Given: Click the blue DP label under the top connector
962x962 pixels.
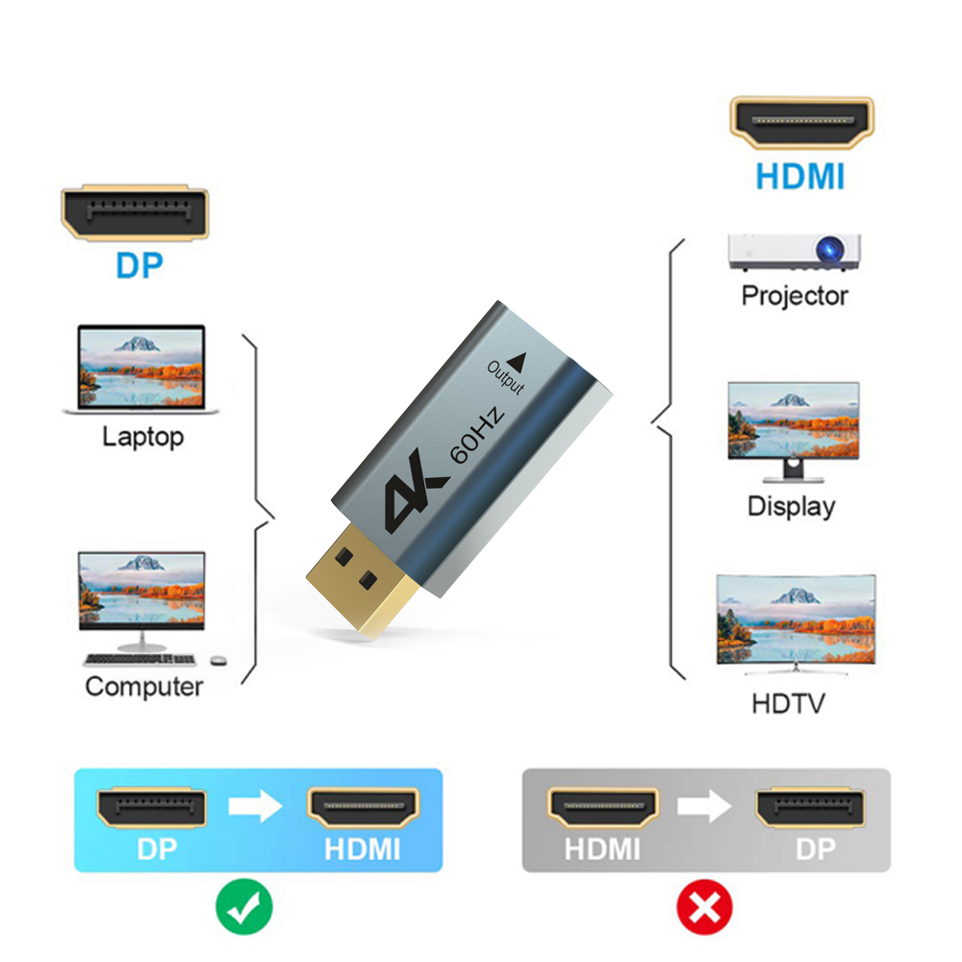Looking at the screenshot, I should (139, 265).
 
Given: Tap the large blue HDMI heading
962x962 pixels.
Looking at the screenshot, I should (799, 177).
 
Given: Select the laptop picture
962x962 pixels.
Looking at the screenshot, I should (141, 370).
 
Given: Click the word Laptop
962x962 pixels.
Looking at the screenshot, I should (142, 438).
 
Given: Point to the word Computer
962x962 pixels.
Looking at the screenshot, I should (144, 687).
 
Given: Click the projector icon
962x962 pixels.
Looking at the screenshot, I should (795, 252).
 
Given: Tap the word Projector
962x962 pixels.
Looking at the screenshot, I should (795, 296).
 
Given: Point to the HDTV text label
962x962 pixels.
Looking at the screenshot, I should (788, 703).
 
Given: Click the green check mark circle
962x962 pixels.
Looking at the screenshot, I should (244, 905).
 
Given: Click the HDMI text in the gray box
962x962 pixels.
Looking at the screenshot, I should (602, 849).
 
